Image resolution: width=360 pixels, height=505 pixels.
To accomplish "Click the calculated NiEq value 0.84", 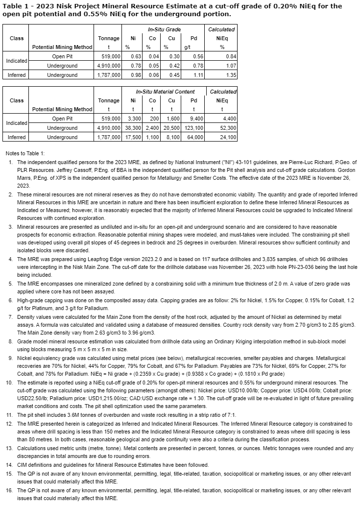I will coord(232,56).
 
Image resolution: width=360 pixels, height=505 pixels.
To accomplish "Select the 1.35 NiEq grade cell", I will coord(232,75).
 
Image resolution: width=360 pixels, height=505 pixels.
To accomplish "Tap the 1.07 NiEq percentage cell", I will coord(232,66).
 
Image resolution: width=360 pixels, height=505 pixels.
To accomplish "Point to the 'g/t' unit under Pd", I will coord(187,47).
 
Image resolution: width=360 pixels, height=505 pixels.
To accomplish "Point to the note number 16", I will coord(11,490).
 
